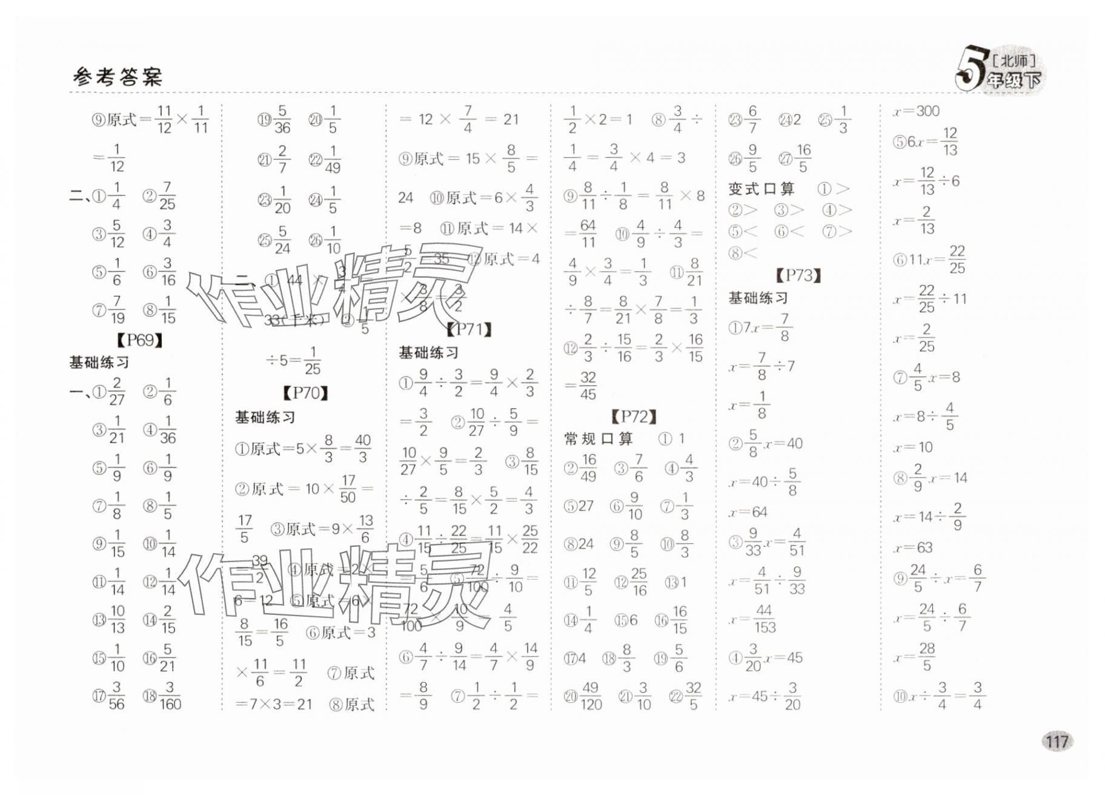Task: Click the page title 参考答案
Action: coord(118,77)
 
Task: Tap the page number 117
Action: coord(1056,741)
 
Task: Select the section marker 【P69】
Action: coord(140,340)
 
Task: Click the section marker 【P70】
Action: coord(306,393)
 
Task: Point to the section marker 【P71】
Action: coord(469,329)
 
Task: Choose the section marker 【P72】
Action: coord(634,417)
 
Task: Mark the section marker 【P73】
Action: coord(798,276)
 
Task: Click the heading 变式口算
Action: coord(761,189)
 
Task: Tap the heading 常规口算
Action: coord(598,438)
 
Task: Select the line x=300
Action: coord(915,111)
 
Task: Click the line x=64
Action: coord(749,512)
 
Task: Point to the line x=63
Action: coord(913,548)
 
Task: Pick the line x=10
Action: coord(913,448)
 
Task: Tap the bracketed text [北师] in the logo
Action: coord(1014,61)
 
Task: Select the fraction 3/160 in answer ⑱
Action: coord(170,696)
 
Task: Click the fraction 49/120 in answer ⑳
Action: coord(591,696)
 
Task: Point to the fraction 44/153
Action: coord(765,619)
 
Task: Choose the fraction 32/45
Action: coord(588,386)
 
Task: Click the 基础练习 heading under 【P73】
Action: coord(758,298)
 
